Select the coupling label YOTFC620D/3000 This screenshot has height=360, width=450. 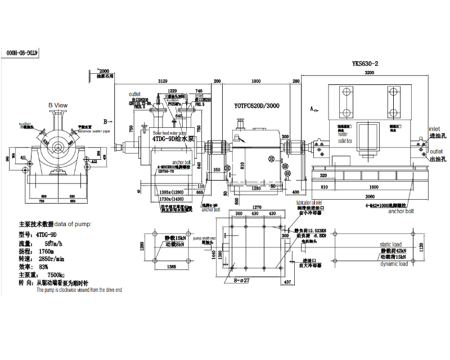click(256, 105)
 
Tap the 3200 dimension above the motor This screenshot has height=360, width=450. click(369, 73)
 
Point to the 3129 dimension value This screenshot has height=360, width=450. click(163, 81)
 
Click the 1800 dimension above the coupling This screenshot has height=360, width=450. click(255, 81)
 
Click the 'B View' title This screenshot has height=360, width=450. click(57, 105)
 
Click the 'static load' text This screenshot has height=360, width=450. click(391, 244)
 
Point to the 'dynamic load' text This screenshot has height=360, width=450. click(394, 263)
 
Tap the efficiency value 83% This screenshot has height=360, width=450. click(48, 267)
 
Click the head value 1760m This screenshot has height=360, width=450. click(47, 251)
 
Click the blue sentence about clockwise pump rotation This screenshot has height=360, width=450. click(79, 290)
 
